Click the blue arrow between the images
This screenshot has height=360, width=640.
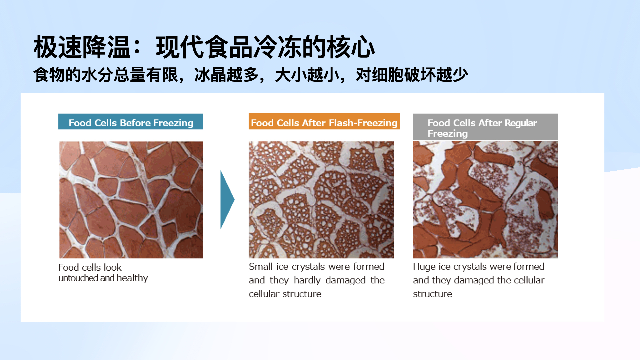point(227,200)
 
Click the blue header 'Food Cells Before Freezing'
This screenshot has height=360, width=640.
point(131,122)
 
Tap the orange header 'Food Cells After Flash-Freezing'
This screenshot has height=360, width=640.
point(324,121)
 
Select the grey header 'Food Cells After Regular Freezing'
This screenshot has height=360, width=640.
point(485,127)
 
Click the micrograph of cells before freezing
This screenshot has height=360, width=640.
point(131,200)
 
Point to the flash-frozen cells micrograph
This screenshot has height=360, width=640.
point(321,200)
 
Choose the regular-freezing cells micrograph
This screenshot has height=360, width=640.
point(485,200)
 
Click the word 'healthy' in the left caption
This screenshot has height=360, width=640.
point(132,278)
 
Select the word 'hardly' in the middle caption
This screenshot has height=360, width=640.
point(307,280)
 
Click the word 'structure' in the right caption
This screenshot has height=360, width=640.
point(432,294)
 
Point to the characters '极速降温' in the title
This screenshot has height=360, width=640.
point(82,47)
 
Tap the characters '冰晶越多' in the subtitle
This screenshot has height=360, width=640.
point(226,75)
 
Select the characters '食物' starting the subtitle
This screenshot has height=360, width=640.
point(49,75)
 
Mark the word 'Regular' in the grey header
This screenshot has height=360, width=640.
point(521,123)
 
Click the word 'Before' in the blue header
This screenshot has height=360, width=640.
point(135,123)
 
